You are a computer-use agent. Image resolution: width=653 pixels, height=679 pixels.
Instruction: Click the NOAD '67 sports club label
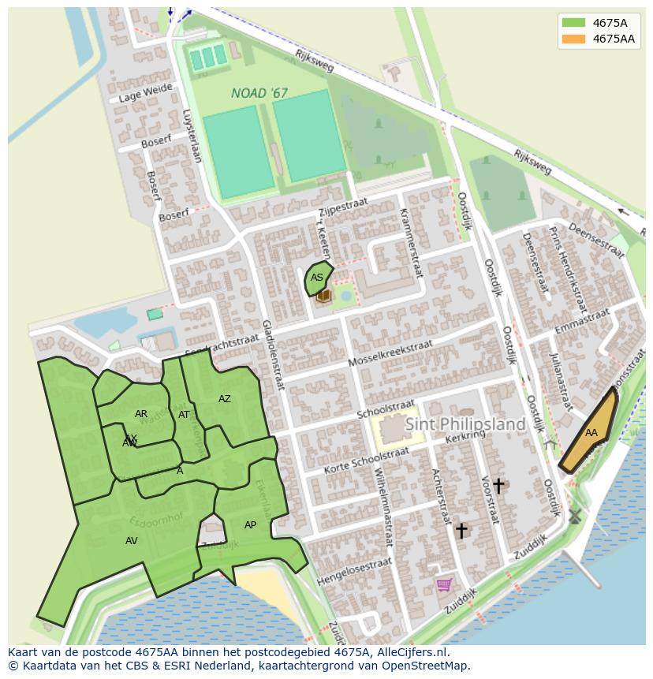[259, 93]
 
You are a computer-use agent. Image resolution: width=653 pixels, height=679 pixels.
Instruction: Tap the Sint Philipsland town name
[465, 424]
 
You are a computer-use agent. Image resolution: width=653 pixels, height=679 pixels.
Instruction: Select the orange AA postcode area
[589, 431]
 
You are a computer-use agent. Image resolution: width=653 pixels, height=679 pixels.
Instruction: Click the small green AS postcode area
[317, 278]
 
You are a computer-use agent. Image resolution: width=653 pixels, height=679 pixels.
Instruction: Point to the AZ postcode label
[225, 399]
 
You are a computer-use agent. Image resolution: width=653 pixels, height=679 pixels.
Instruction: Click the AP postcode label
[250, 525]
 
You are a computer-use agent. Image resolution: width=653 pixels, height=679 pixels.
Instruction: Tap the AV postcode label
[132, 541]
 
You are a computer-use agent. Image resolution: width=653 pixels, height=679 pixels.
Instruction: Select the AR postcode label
[141, 414]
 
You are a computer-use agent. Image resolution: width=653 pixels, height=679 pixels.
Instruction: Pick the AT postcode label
[184, 415]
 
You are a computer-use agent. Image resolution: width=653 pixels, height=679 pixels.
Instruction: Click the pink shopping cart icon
[444, 584]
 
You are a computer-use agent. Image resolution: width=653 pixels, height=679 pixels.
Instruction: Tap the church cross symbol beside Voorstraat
[498, 486]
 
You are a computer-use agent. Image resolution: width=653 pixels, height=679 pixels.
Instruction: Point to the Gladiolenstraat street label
[272, 355]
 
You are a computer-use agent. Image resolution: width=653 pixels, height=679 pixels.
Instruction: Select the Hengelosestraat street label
[354, 572]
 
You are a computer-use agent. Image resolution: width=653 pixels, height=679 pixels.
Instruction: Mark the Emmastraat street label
[583, 322]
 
